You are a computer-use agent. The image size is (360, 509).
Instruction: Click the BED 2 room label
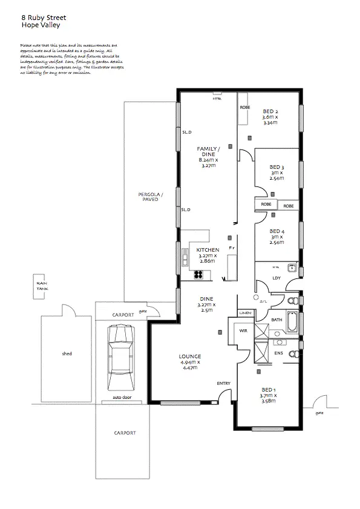pos(270,111)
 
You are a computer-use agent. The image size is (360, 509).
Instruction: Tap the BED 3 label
pos(277,167)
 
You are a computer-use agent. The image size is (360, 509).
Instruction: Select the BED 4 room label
pos(277,231)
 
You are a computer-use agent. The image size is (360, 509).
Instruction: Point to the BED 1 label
pos(269,389)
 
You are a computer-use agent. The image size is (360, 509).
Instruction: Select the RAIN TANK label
pos(41,286)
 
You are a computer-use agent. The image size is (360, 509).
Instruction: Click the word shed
pos(67,353)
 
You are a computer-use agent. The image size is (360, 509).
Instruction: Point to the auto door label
pos(122,398)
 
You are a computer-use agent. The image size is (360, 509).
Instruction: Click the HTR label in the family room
pos(216,99)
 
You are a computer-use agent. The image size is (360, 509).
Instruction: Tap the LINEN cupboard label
pos(244,313)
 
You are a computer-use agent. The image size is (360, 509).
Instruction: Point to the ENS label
pos(278,352)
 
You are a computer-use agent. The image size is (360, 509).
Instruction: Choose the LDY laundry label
pos(277,278)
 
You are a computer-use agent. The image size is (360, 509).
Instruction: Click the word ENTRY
pos(223,384)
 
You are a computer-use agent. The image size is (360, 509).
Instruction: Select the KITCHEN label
pos(208,250)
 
